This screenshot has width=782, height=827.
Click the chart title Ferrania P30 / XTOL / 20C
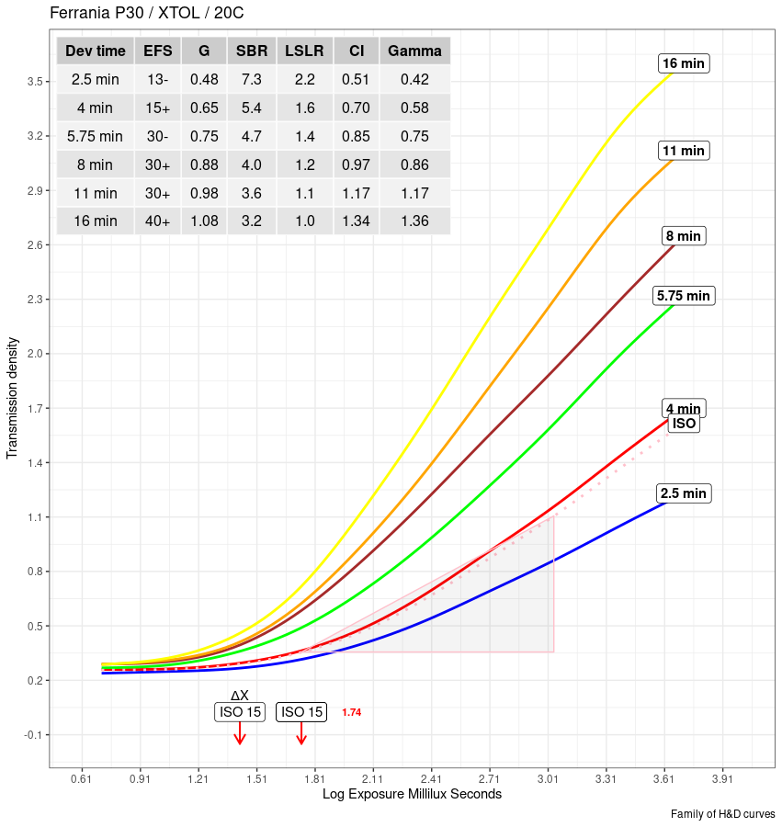click(146, 14)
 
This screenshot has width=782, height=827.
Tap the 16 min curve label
click(684, 63)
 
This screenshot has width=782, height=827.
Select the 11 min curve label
click(684, 150)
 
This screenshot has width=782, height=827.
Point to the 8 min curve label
click(683, 236)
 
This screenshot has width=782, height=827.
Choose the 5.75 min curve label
click(684, 296)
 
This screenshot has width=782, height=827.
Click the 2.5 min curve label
click(684, 493)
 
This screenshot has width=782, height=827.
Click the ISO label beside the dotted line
click(684, 424)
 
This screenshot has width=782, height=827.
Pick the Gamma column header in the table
click(414, 51)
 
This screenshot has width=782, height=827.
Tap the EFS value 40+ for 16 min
click(157, 221)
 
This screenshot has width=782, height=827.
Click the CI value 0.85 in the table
click(356, 136)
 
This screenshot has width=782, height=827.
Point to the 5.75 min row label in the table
click(95, 136)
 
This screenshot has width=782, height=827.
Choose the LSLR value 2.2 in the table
click(305, 79)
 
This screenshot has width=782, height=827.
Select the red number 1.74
click(351, 712)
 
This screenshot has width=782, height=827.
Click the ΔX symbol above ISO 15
click(239, 696)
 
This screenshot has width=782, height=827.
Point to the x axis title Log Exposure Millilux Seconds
click(412, 794)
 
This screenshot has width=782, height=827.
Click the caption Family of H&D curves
click(722, 814)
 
